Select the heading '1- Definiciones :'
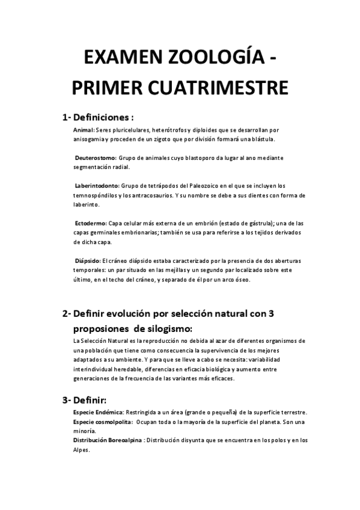[x=97, y=117]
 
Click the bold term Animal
[x=82, y=130]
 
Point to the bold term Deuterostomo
[x=96, y=158]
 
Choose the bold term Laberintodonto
[x=97, y=185]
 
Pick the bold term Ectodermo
[x=91, y=223]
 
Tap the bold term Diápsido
[x=88, y=260]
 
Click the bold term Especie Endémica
[x=98, y=412]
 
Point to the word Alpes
[x=81, y=450]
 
